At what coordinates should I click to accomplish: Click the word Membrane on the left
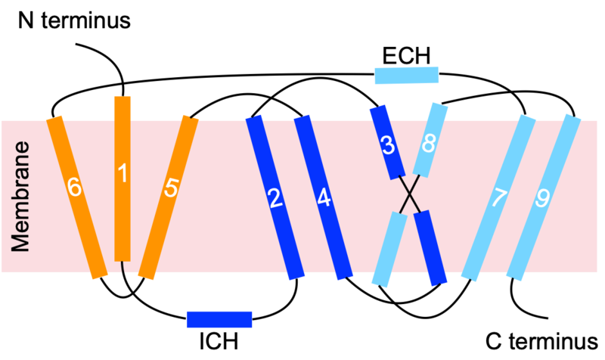20,197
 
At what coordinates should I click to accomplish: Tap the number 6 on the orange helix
73,186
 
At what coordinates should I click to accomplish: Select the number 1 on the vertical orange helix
123,173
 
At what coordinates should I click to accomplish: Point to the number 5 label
171,188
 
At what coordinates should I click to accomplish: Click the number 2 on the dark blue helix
275,198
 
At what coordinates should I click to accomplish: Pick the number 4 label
324,198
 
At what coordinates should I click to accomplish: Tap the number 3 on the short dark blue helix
387,145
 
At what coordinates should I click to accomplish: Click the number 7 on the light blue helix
499,198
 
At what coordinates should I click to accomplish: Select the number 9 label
542,198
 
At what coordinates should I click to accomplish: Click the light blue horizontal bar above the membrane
407,75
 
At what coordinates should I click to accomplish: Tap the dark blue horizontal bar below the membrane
219,319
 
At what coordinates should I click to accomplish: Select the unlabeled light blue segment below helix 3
389,250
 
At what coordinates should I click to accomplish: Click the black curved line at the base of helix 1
123,269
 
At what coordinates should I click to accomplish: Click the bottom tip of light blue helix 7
469,278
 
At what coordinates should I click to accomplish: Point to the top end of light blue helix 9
572,117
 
